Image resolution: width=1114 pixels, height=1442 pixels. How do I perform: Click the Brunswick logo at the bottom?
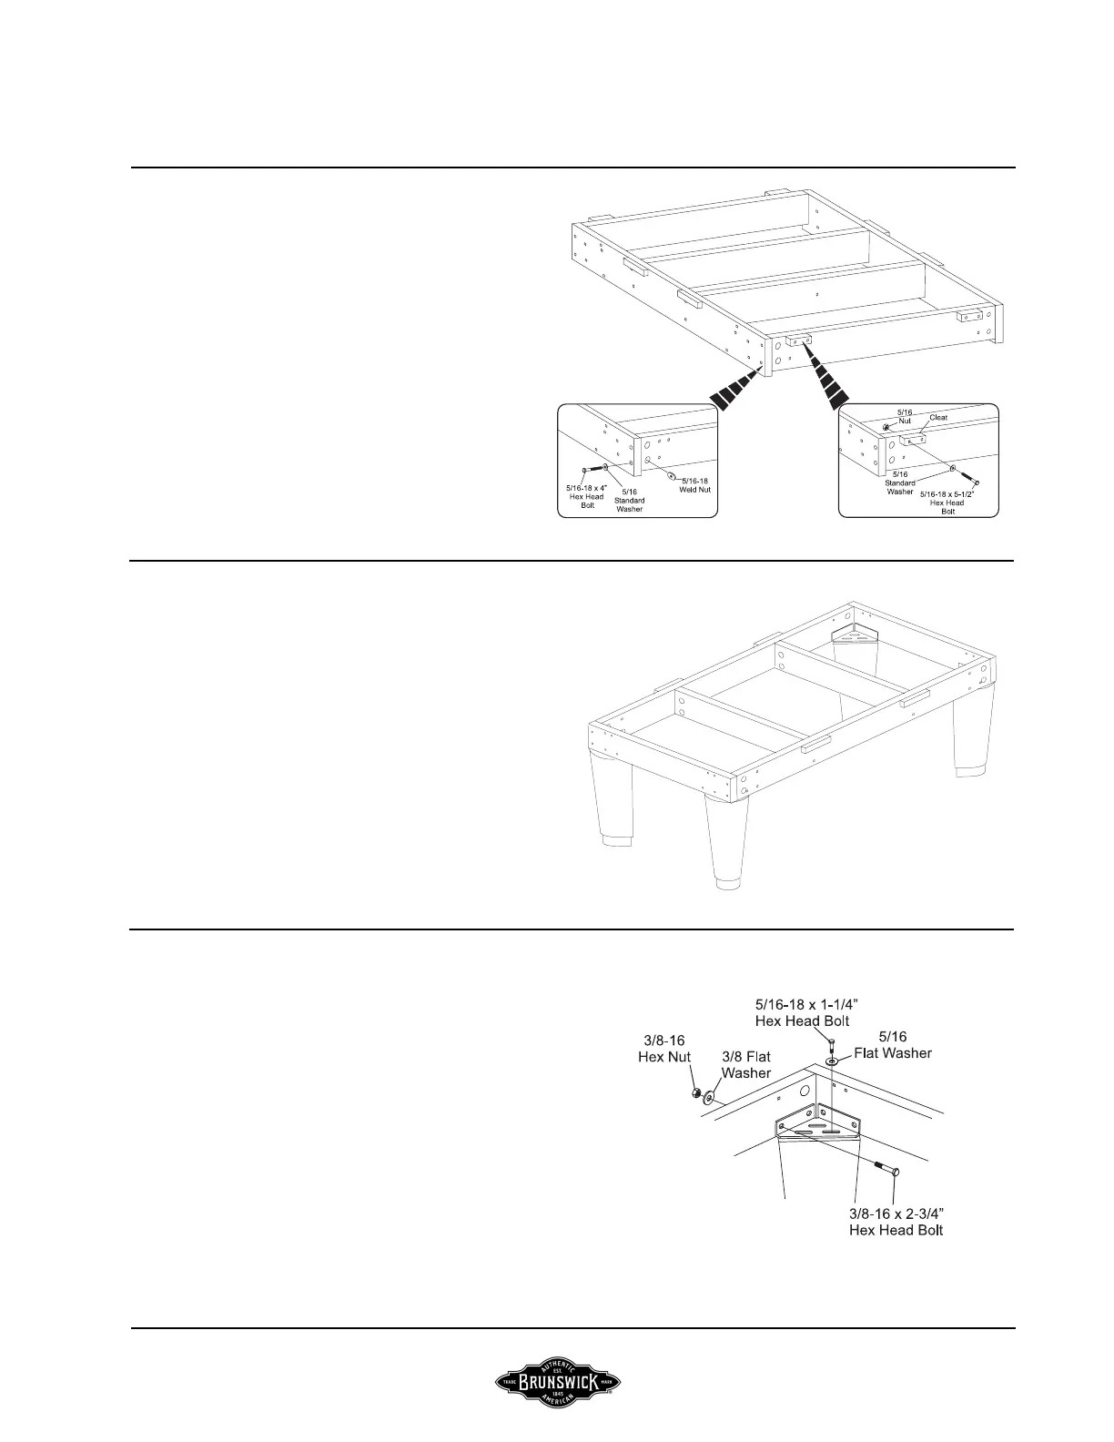point(557,1383)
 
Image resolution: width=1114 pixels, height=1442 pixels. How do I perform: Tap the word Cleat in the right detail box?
point(937,418)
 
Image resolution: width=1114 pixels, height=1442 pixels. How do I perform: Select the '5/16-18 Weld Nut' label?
point(695,484)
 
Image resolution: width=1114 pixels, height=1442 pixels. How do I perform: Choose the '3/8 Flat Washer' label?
point(746,1064)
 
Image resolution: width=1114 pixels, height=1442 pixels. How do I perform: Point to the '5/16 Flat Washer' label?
point(892,1044)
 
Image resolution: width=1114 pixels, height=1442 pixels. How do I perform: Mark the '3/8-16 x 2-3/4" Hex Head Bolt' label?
point(896,1222)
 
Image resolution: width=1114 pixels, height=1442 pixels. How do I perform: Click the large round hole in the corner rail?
point(804,1090)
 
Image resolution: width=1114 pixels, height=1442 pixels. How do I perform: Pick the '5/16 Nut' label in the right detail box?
point(904,417)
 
